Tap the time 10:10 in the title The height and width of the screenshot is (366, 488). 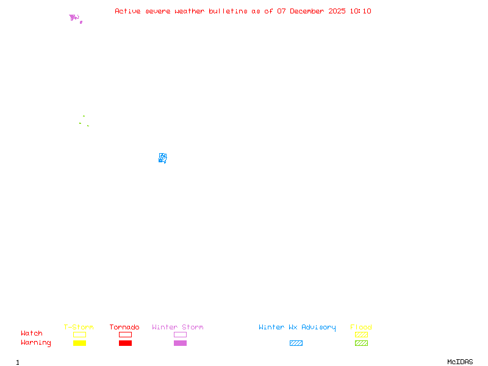361,11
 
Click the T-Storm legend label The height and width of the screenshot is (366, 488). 79,328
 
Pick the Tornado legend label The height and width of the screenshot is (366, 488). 124,328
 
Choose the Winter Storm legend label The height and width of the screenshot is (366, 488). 178,328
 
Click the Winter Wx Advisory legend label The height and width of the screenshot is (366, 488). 297,328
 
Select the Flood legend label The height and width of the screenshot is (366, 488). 361,328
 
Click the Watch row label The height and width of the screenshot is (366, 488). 32,334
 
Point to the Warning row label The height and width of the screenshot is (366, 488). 36,343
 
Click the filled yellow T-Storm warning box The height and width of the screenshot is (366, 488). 79,343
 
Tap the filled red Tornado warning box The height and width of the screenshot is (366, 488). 125,343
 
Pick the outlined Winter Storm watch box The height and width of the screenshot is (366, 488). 180,335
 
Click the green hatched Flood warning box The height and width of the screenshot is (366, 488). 361,343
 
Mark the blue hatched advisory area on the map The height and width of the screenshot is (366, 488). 163,158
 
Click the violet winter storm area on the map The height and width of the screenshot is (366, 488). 74,18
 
